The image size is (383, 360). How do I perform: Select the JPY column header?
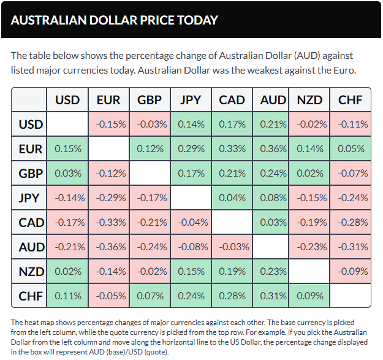191,100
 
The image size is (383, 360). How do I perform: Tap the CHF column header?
351,100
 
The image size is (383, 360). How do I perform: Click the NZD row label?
31,271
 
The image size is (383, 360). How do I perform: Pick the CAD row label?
31,222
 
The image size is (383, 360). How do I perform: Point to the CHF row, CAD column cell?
232,296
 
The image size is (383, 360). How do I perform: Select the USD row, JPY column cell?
191,124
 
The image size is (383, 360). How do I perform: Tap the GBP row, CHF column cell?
351,173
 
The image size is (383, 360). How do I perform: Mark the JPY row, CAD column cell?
232,197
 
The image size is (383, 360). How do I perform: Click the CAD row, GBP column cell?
150,222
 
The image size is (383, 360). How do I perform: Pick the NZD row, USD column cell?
67,271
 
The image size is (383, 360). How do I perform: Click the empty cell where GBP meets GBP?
150,173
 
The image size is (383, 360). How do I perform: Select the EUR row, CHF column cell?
351,148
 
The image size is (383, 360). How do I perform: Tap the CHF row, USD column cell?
67,296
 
